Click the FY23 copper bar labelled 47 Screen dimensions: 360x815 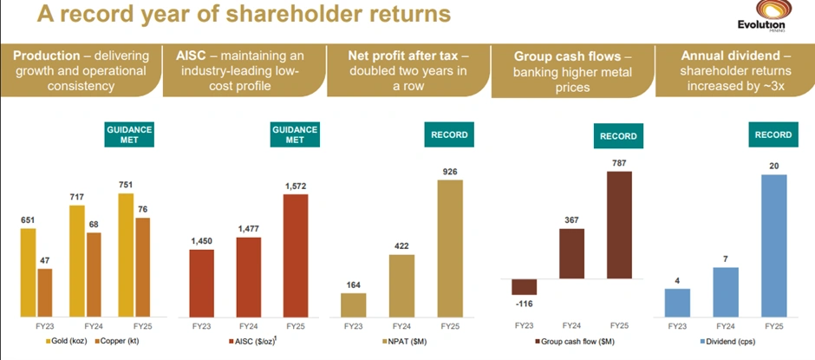tap(45, 292)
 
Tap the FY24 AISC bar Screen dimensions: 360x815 tap(248, 277)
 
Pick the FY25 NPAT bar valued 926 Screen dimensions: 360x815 tap(450, 248)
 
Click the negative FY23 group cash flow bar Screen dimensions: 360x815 tap(525, 287)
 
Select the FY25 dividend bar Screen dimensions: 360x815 tap(773, 245)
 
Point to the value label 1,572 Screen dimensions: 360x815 tap(296, 186)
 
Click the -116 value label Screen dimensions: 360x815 tap(525, 304)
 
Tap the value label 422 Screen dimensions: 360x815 tap(401, 245)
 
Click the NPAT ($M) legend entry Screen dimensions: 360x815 tap(404, 342)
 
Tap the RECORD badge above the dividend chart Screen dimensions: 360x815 tap(773, 134)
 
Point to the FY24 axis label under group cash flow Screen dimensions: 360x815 tap(571, 325)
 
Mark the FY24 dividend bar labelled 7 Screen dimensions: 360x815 tap(725, 291)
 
